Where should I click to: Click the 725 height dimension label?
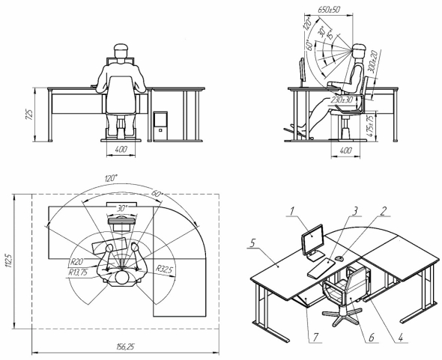coord(30,114)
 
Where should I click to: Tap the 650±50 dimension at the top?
coord(329,10)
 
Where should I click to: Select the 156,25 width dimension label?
coord(125,347)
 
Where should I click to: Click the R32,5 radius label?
coord(164,269)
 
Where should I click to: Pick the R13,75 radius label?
coord(77,272)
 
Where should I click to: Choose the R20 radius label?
coord(76,262)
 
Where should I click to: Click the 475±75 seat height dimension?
coord(372,124)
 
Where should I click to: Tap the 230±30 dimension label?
coord(342,100)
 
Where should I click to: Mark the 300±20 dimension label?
coord(372,61)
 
